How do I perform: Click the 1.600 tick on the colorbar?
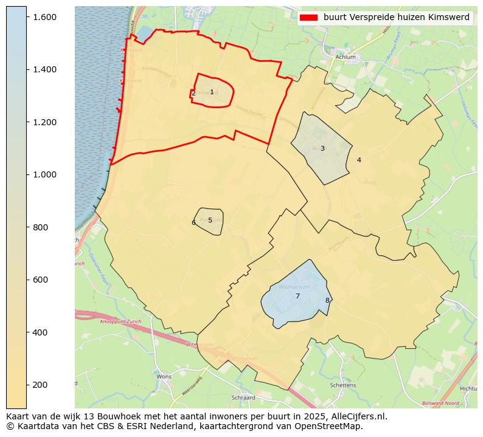tap(45, 17)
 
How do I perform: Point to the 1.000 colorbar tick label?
tap(45, 174)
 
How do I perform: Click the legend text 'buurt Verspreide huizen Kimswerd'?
tap(396, 18)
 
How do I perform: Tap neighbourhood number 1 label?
tap(212, 92)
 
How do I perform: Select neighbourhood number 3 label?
tap(322, 148)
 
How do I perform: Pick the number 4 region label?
tap(359, 160)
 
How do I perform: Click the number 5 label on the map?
tap(210, 221)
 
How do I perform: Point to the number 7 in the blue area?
tap(297, 297)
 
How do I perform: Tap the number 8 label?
tap(327, 300)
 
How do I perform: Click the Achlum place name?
tap(346, 57)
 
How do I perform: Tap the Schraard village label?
tap(243, 397)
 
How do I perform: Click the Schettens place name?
tap(342, 385)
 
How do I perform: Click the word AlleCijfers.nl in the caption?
tap(354, 417)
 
